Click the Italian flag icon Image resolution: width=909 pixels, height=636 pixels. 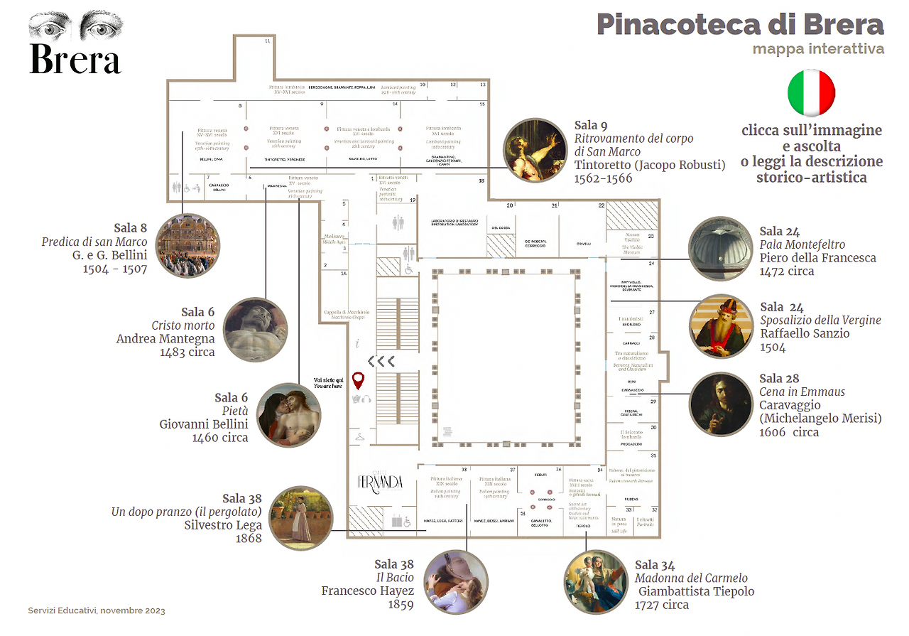[812, 93]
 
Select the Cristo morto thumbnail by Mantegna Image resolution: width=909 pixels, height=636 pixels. [255, 329]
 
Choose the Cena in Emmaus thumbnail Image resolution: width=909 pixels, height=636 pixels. [721, 404]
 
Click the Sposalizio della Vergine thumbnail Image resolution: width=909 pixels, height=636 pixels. [721, 326]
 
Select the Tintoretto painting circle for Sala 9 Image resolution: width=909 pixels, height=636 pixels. [535, 150]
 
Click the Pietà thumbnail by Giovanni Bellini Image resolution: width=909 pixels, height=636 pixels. [290, 415]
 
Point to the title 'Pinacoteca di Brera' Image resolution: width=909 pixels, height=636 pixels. [740, 24]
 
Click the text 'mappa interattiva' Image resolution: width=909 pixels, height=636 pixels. [818, 49]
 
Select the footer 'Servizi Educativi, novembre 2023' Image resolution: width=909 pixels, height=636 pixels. [97, 611]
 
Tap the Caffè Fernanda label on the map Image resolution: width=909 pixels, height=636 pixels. [380, 482]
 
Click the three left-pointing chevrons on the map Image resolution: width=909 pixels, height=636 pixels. [381, 360]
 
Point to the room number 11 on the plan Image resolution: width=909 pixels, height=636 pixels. [268, 41]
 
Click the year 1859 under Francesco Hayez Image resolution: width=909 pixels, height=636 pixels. [401, 605]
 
